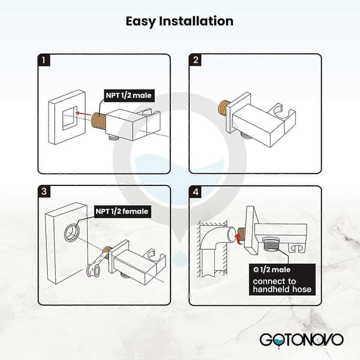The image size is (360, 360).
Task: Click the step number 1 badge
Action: tap(44, 60)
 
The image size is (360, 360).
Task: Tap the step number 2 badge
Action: tap(196, 60)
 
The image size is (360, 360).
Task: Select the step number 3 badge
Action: tap(44, 191)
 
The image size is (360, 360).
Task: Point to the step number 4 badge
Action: tap(196, 191)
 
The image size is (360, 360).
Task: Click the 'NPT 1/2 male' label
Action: tap(129, 95)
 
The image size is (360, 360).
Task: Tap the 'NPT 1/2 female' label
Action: tap(122, 211)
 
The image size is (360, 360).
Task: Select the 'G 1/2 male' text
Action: tap(272, 269)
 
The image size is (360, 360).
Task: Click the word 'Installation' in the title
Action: tap(196, 21)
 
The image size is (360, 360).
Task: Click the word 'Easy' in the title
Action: tap(140, 22)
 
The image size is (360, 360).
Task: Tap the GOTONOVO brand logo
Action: tap(301, 341)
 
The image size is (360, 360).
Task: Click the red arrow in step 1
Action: tap(83, 113)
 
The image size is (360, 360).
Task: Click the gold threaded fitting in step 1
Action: tap(99, 120)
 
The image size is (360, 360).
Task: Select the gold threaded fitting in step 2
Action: tap(223, 108)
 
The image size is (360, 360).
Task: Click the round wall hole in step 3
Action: tap(72, 233)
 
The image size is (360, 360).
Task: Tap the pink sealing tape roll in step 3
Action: tap(93, 271)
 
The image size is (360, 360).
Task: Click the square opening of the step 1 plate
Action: tap(70, 118)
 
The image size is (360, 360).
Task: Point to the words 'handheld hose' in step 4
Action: tap(282, 289)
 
